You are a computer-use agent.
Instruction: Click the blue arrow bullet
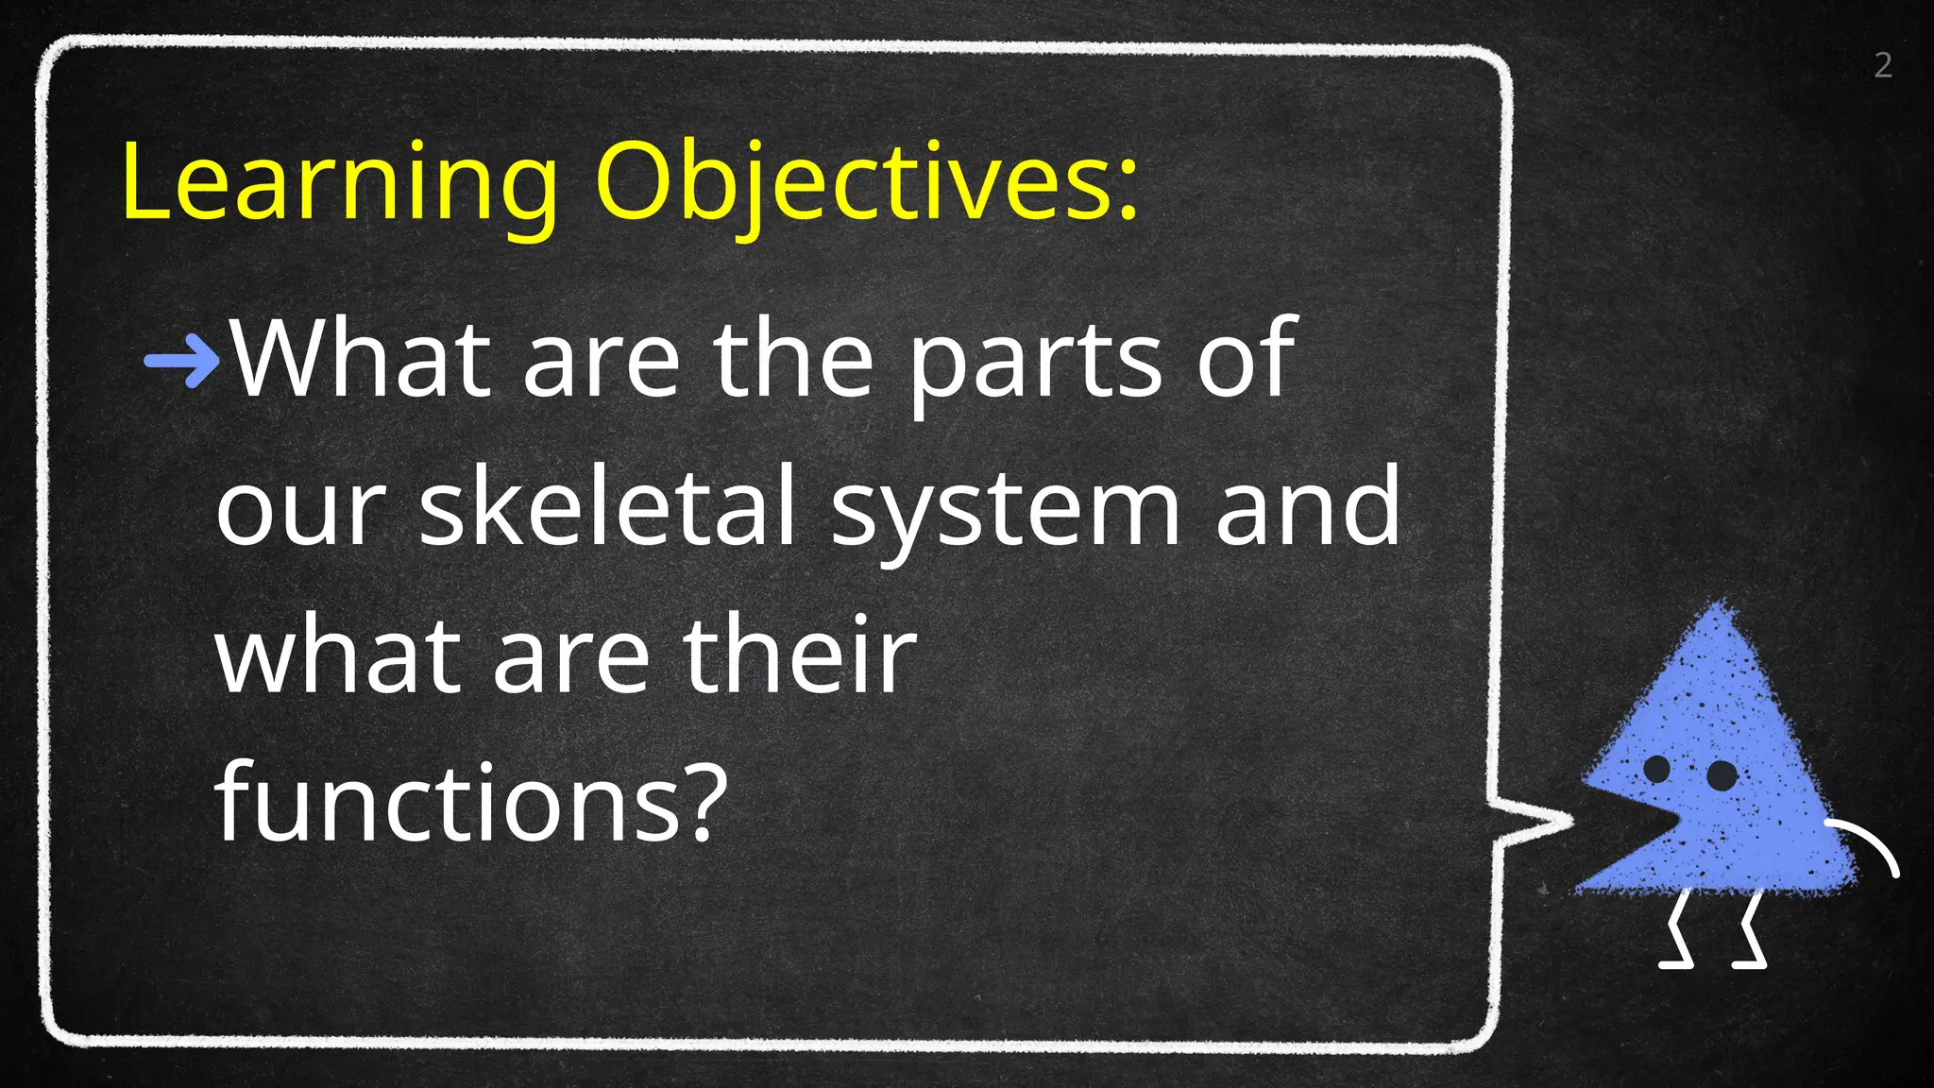[x=181, y=360]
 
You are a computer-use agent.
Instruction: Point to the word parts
[x=1035, y=364]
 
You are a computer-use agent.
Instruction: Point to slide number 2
[x=1883, y=65]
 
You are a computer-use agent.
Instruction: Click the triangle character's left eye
[x=1657, y=769]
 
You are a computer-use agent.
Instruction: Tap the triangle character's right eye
[x=1722, y=776]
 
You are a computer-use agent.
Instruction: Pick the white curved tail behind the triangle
[x=1866, y=845]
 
